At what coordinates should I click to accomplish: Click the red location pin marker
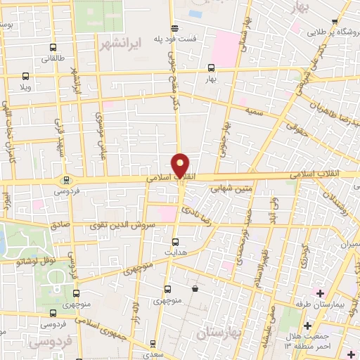(181, 165)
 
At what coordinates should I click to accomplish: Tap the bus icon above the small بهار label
(212, 68)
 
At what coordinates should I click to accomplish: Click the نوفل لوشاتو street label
(27, 261)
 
